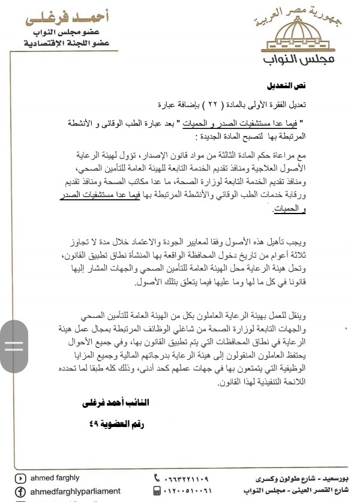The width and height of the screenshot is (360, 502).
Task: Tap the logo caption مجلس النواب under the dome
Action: [x=299, y=62]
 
